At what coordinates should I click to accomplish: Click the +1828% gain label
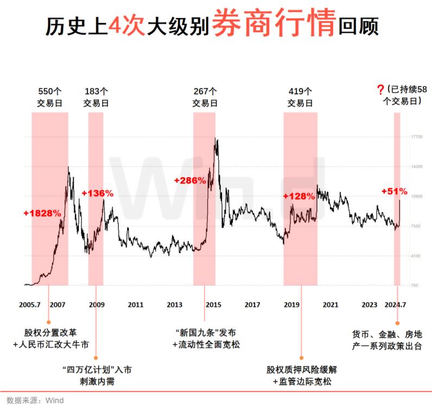click(42, 213)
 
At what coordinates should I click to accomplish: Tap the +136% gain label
click(98, 193)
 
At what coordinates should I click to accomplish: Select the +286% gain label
click(190, 180)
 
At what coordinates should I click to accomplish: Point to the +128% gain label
click(299, 196)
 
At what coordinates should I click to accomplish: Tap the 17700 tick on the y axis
click(417, 137)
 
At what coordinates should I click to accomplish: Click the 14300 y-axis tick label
click(417, 167)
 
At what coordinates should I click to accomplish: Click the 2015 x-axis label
click(213, 304)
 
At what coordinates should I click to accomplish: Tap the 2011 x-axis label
click(136, 304)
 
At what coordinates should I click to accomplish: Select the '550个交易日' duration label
click(50, 97)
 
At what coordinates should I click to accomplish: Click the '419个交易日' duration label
click(300, 97)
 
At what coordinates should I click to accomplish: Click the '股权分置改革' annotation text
click(49, 332)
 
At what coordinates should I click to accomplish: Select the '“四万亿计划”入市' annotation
click(97, 370)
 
